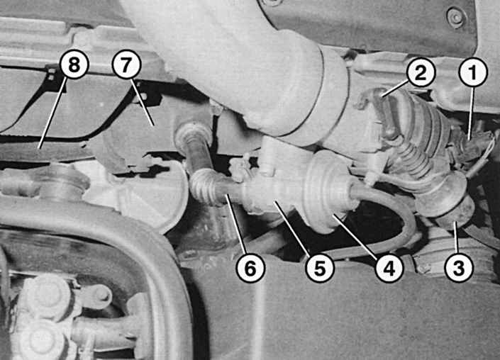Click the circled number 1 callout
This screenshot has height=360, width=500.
pos(473,72)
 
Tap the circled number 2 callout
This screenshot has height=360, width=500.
pos(421,72)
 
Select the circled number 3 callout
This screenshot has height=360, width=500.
pos(459,268)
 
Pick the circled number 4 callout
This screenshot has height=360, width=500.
pos(389,268)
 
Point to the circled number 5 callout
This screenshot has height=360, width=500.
pos(320,268)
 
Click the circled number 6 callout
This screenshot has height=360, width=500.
pos(250,268)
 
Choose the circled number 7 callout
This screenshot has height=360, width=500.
pos(126,64)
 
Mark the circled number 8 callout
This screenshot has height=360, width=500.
pos(74,64)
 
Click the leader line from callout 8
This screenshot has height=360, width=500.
pos(53,113)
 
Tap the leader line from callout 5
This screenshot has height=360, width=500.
pos(292,227)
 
